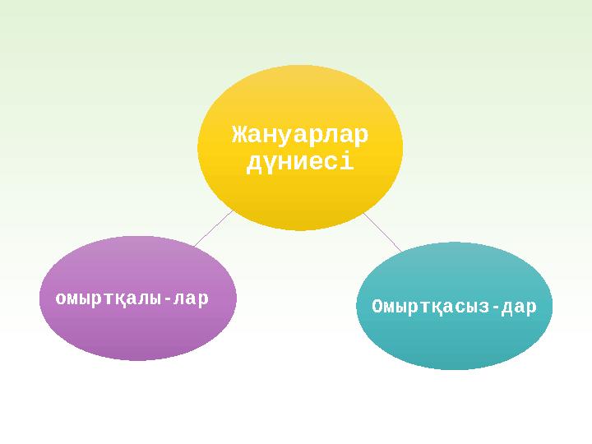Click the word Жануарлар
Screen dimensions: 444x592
300,133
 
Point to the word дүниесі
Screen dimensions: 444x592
300,161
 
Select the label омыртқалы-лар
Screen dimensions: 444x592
132,298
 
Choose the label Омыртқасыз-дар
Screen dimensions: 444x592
454,307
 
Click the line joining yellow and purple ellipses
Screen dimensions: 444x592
213,229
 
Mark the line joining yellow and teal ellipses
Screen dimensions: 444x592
382,232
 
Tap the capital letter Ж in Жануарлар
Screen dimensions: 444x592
239,133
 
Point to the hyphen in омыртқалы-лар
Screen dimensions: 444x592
168,298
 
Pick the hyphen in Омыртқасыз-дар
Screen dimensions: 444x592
493,307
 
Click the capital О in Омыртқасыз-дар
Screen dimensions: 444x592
377,307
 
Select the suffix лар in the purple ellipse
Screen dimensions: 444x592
190,298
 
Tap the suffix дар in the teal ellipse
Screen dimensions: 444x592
517,307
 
